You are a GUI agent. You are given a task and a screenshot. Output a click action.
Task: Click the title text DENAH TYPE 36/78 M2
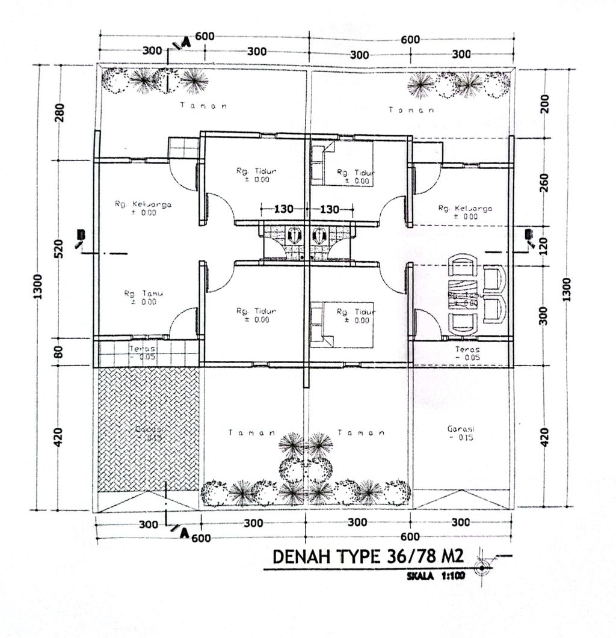(x=371, y=557)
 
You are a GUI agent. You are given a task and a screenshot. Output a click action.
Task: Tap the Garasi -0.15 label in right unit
(x=461, y=434)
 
